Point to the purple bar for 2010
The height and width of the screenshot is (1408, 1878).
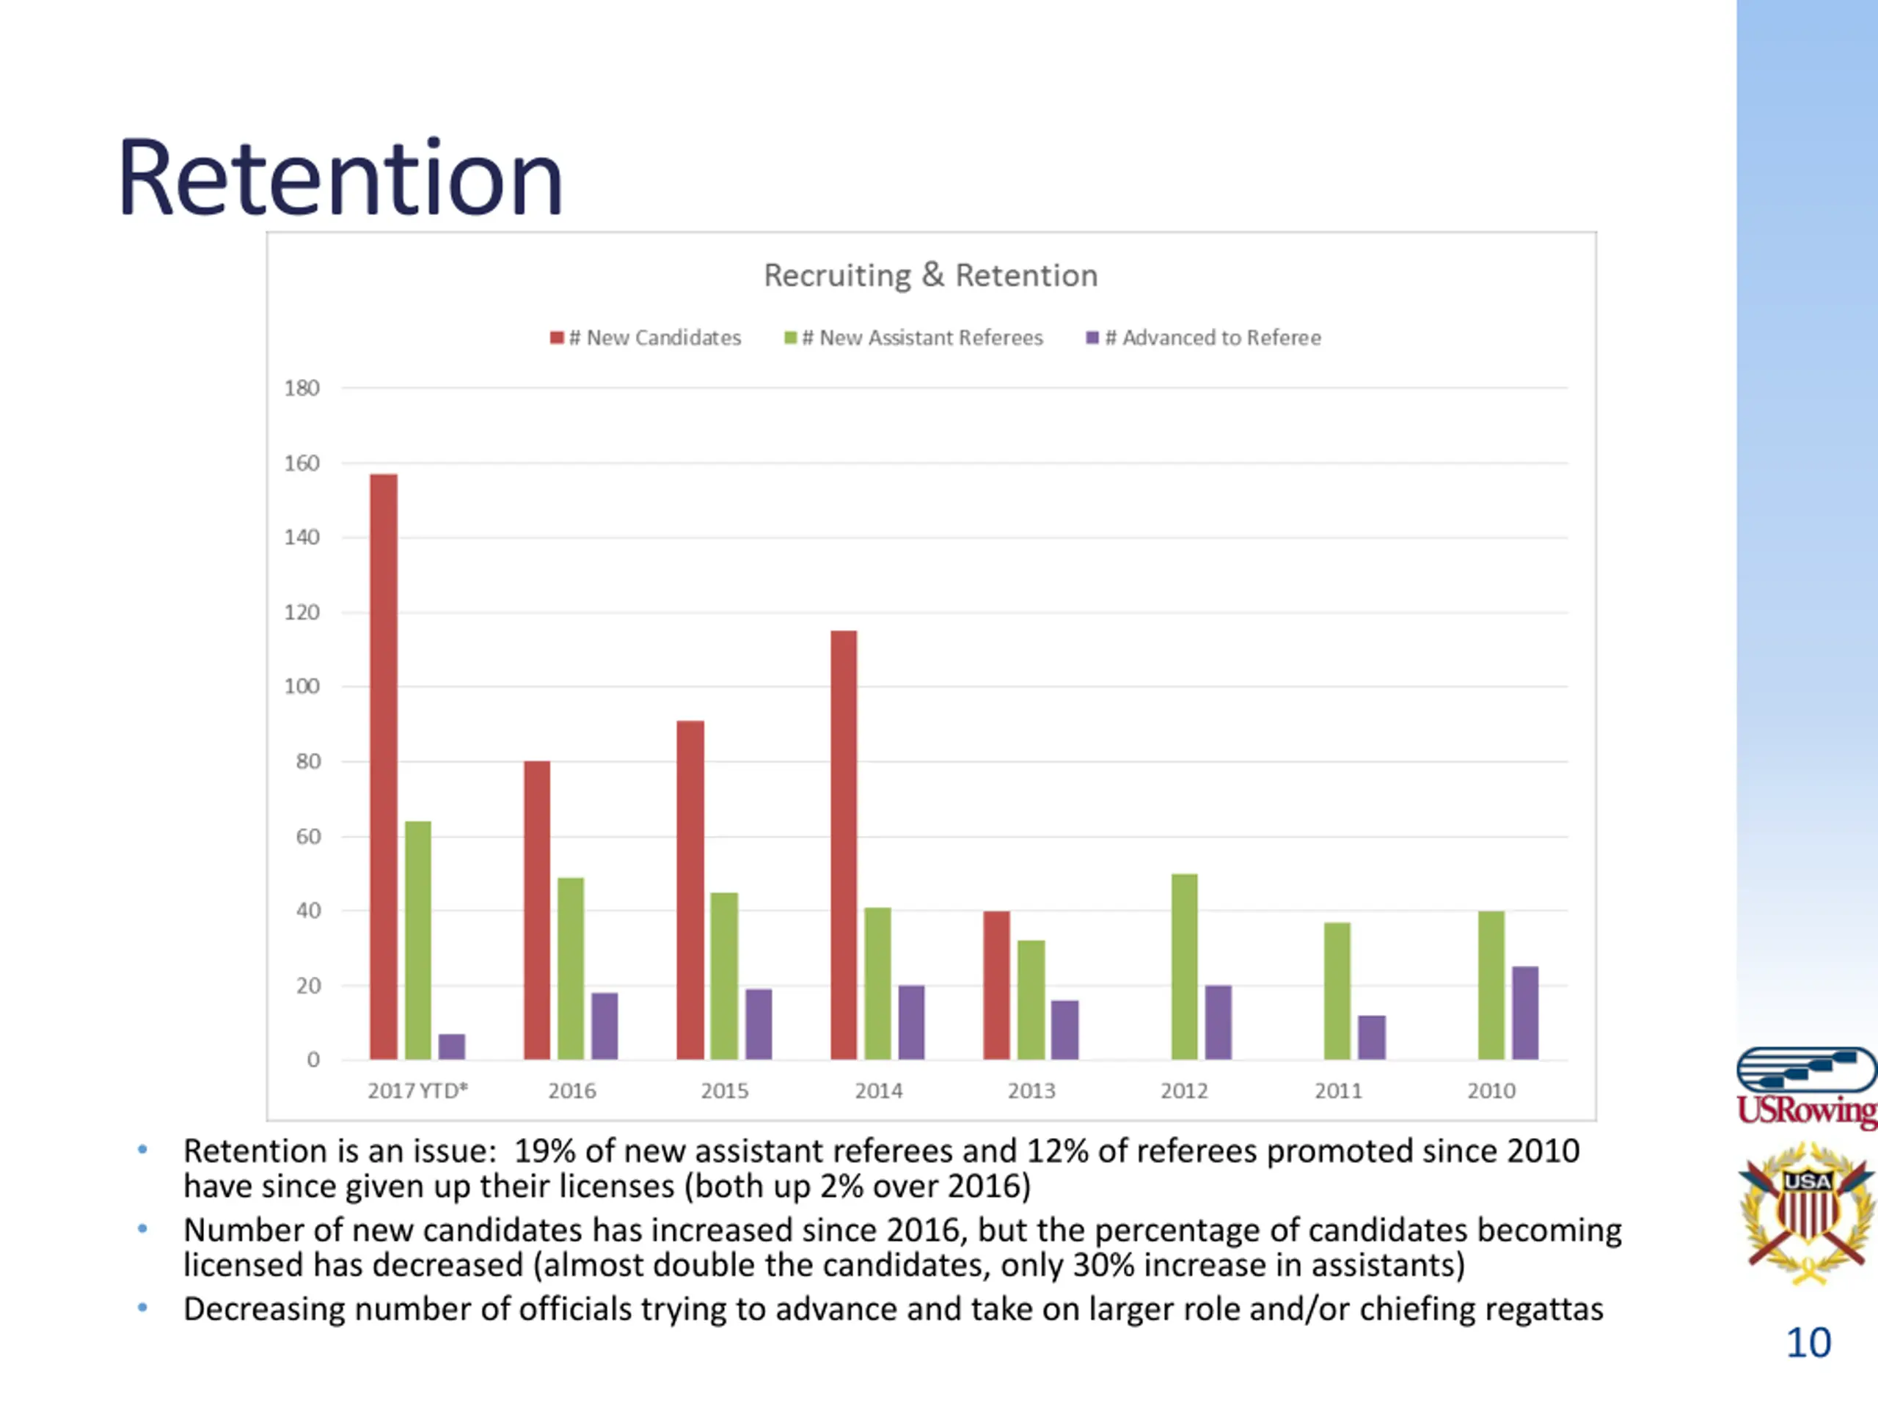tap(1525, 1013)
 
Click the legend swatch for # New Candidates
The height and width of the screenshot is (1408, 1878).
tap(557, 338)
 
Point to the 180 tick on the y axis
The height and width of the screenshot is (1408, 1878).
tap(302, 389)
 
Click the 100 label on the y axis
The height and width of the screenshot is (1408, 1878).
tap(302, 686)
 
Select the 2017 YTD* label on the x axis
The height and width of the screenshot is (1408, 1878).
tap(417, 1090)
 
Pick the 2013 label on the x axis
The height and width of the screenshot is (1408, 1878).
tap(1031, 1090)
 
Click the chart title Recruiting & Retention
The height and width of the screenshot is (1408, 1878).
tap(930, 276)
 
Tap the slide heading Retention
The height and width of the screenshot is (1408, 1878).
tap(340, 179)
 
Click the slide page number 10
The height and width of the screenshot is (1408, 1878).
tap(1808, 1343)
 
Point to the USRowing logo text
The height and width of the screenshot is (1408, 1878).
tap(1807, 1110)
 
